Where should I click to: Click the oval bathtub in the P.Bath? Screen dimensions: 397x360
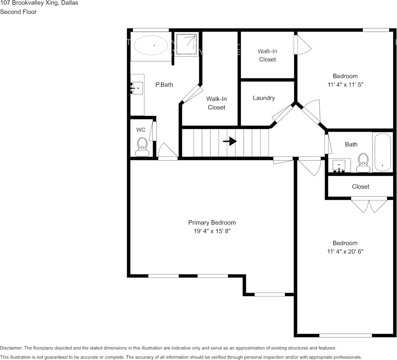[x=150, y=45]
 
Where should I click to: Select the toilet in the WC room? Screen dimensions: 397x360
[x=142, y=147]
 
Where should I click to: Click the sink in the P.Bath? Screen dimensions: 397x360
[x=137, y=88]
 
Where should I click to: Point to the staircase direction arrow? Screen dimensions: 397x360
[x=230, y=141]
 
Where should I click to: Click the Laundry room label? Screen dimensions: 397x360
[x=264, y=98]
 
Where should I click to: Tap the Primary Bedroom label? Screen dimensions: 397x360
[x=212, y=223]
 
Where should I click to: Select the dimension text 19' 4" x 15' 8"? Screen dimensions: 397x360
[x=212, y=231]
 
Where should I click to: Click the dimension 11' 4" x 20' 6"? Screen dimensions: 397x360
[x=345, y=252]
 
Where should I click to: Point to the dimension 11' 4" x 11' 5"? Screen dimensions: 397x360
[x=345, y=84]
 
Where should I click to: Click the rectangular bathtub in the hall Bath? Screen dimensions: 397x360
[x=383, y=153]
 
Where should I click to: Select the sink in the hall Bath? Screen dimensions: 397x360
[x=339, y=166]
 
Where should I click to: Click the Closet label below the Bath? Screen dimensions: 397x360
[x=360, y=186]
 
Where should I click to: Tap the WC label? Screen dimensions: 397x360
[x=141, y=130]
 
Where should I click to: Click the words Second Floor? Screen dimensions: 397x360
[x=18, y=12]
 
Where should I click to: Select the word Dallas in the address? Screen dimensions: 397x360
[x=70, y=3]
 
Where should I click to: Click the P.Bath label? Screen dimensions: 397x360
[x=164, y=85]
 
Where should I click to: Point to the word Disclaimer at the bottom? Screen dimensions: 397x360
[x=11, y=348]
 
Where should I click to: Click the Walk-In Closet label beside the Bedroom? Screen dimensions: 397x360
[x=267, y=55]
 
